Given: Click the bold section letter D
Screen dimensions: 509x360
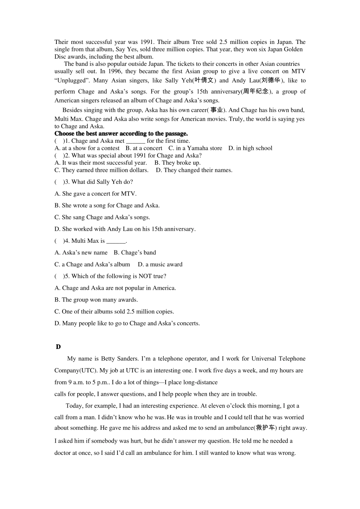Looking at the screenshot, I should (x=58, y=347).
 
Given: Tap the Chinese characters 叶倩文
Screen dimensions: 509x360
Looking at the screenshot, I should (x=205, y=80).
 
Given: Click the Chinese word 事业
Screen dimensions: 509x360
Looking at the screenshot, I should (x=216, y=110).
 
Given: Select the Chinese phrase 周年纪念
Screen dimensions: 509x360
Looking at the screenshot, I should (x=256, y=91).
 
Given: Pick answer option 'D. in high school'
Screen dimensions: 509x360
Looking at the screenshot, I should (x=250, y=148).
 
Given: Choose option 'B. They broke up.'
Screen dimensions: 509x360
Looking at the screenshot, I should (x=177, y=163).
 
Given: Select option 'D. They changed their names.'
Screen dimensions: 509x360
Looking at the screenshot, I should (x=194, y=170).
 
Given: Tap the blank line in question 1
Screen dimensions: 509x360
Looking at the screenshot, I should (x=136, y=141).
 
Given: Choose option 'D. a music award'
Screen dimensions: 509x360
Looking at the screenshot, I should (x=160, y=264).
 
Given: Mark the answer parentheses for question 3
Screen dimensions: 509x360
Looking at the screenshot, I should (x=59, y=182).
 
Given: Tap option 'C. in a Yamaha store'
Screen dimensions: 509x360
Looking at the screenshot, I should (x=195, y=148).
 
